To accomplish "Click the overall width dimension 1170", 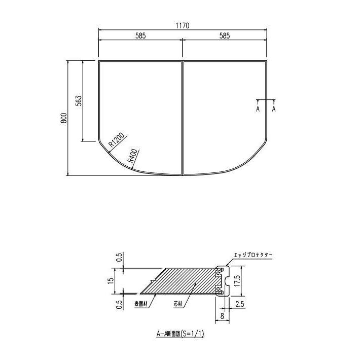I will tap(183, 25).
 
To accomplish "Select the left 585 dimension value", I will tap(140, 36).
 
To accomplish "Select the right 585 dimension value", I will tap(225, 36).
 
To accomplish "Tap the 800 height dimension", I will tap(63, 118).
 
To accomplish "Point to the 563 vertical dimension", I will tap(79, 100).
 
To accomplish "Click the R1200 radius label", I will tap(117, 140).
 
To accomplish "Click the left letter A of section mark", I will tap(258, 109).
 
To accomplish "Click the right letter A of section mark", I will tap(274, 109).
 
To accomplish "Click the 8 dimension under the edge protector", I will tap(223, 315).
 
